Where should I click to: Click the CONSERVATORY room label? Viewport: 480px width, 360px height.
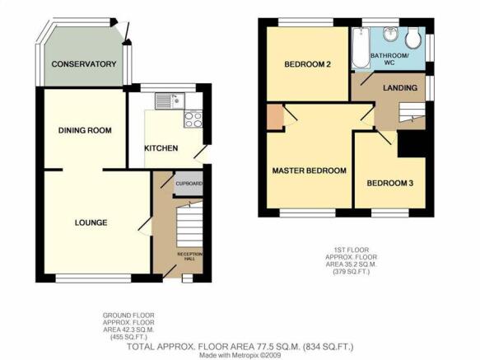click(84, 64)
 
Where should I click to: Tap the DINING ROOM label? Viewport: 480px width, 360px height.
click(85, 130)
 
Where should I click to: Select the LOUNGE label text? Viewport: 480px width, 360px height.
click(91, 222)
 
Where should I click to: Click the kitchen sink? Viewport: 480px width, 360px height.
click(170, 101)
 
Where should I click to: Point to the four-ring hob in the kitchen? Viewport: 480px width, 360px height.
click(193, 119)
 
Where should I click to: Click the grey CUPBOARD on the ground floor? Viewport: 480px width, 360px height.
click(189, 184)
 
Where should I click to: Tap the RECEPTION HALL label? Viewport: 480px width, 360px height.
click(190, 256)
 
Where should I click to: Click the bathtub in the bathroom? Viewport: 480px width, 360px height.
click(361, 48)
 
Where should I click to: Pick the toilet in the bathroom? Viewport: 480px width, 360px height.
click(413, 38)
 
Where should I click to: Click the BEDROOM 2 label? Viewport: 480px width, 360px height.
click(307, 64)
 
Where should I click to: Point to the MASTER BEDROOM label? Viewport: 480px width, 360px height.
click(310, 171)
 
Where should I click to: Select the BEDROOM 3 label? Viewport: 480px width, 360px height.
click(390, 183)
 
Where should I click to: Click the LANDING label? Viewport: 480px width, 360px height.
click(400, 88)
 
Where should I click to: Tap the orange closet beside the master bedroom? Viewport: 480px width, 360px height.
click(275, 117)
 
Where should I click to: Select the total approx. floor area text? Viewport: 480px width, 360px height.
click(240, 347)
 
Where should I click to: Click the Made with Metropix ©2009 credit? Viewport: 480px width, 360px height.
click(240, 355)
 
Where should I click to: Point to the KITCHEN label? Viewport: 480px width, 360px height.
click(161, 148)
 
